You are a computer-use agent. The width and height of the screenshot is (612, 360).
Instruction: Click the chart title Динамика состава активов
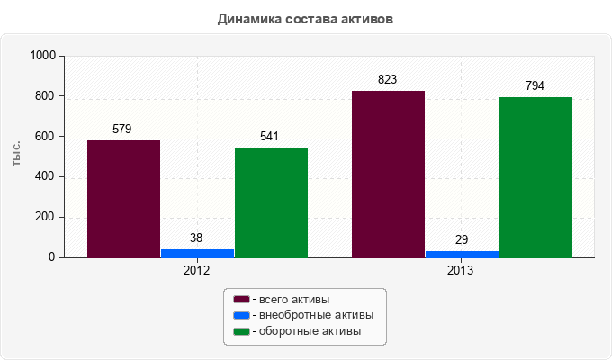tap(305, 18)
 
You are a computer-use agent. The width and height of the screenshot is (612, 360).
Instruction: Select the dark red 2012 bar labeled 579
tap(123, 199)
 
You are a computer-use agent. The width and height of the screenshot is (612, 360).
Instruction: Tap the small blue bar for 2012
tap(197, 253)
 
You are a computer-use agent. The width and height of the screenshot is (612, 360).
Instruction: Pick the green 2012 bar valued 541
tap(271, 202)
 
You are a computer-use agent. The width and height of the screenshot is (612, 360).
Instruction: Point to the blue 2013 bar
tap(462, 254)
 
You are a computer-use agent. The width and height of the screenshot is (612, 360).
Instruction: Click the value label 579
tap(122, 129)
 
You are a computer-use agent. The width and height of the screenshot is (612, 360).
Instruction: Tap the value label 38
tap(196, 238)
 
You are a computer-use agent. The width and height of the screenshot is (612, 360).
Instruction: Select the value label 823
tap(388, 79)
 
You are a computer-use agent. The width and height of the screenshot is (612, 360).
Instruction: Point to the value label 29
tap(462, 239)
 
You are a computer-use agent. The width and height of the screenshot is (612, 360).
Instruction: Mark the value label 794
tap(535, 85)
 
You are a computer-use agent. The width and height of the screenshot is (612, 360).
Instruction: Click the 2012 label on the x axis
tap(196, 270)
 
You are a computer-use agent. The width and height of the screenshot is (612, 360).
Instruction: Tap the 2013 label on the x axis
tap(461, 270)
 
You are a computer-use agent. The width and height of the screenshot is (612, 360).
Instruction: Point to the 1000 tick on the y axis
tap(43, 56)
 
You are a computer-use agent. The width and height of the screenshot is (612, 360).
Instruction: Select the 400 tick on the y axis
tap(47, 177)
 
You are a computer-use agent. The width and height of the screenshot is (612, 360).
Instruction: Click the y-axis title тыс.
tap(17, 155)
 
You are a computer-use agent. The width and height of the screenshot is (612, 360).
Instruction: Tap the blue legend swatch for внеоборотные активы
tap(241, 315)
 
